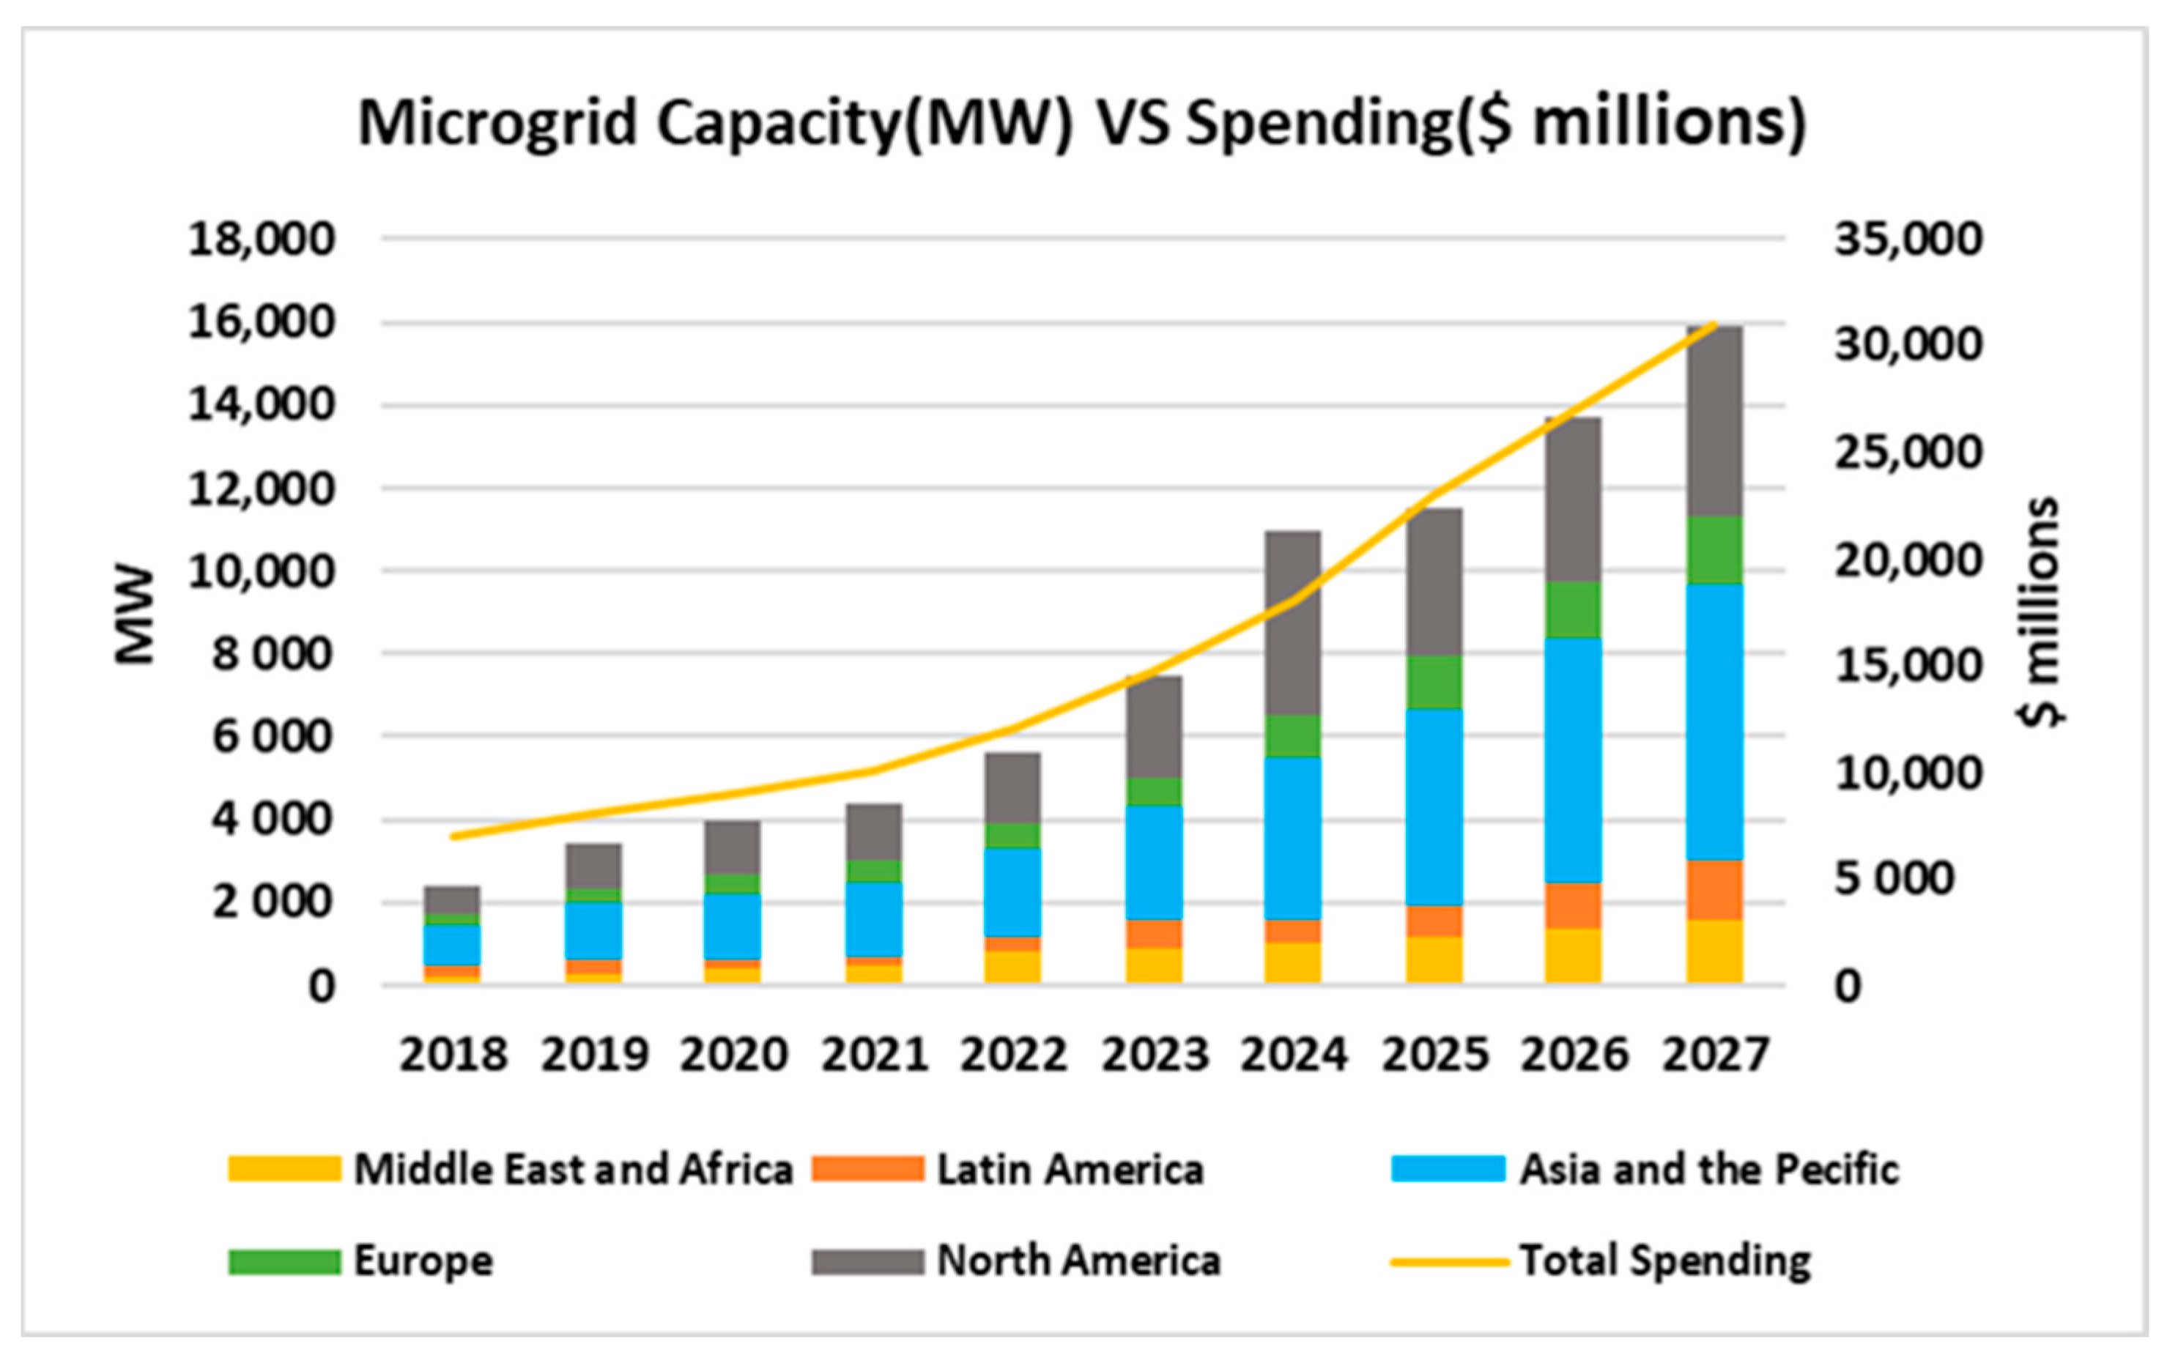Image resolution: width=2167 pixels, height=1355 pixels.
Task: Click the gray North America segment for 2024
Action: (1293, 623)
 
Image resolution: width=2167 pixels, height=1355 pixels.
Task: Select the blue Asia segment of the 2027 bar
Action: (1714, 721)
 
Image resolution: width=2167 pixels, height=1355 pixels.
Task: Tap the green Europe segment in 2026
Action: (1574, 609)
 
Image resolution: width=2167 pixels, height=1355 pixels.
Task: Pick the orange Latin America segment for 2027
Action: (1714, 890)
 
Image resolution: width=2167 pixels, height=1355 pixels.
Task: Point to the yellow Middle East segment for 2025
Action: (1434, 959)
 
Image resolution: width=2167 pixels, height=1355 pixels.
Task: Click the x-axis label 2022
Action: (1014, 1055)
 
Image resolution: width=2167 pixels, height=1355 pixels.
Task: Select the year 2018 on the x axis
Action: (453, 1055)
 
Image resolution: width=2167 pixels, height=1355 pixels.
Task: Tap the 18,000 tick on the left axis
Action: (261, 240)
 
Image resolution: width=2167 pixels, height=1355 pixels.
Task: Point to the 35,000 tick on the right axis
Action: (1908, 240)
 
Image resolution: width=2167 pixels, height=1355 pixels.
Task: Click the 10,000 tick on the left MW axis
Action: (261, 571)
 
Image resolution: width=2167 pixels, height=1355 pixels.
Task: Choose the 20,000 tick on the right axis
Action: (1908, 561)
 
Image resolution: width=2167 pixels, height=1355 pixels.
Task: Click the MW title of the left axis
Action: (136, 614)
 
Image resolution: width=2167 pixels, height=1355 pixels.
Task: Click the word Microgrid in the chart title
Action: (498, 123)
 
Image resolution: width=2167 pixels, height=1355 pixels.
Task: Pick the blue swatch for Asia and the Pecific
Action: (1448, 1170)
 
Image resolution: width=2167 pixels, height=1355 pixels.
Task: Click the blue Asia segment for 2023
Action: (1153, 862)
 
